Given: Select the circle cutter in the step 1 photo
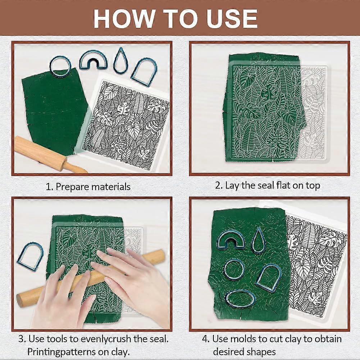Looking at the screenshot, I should coord(60,67).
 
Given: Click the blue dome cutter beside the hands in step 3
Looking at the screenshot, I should coord(30,256).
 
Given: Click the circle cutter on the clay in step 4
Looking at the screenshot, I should coord(234,269).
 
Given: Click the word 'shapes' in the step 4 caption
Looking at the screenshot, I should coord(262,351).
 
